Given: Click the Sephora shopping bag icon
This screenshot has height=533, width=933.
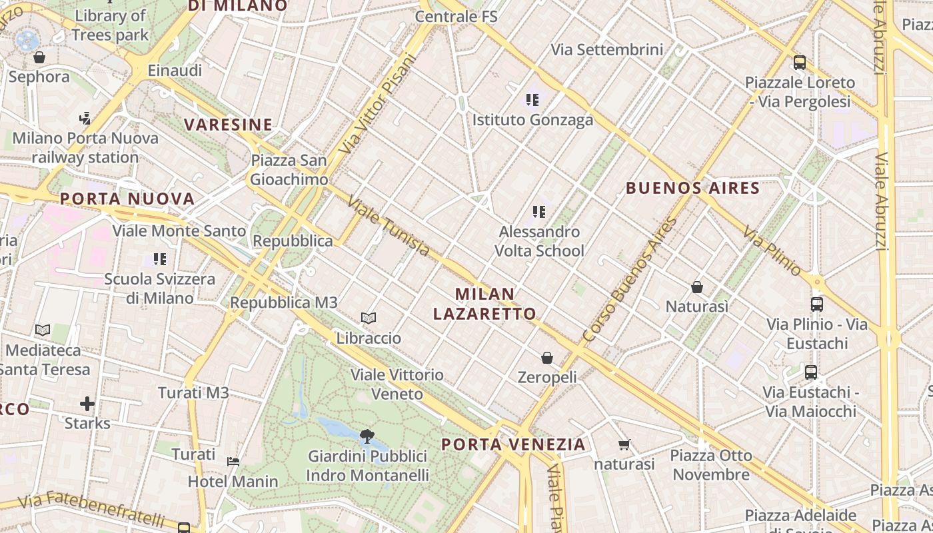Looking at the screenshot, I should point(39,57).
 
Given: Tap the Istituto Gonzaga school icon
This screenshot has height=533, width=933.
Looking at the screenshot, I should point(532,100).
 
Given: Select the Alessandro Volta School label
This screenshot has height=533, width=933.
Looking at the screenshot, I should point(539,241).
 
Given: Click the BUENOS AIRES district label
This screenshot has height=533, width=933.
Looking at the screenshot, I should point(692,189).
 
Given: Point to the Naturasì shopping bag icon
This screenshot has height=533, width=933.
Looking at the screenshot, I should point(696,287).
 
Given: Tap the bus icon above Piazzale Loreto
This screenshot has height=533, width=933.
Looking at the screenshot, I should point(800,63).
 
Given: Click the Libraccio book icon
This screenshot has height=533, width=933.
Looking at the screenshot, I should point(369,318).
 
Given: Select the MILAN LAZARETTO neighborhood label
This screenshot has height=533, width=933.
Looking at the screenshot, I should point(484,304).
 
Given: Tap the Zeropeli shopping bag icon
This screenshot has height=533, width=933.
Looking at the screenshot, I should point(547,358).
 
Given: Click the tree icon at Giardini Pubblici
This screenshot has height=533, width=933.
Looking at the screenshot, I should point(367,437).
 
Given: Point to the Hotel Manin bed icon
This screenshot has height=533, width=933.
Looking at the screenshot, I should point(233,461).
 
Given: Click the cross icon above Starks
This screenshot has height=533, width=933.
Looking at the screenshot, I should point(87,404).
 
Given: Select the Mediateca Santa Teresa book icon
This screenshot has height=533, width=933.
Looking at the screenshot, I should point(43,330).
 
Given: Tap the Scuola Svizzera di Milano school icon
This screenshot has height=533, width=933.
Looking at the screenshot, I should point(159,259).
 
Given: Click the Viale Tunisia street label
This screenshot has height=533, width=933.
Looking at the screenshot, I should point(389,227).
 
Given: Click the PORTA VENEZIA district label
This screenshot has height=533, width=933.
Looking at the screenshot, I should point(513,444).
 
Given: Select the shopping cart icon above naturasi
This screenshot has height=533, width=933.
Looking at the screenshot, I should point(624,444).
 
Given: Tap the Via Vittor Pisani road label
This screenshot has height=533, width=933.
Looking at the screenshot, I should point(377,104).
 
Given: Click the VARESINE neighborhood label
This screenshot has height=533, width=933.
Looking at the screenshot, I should point(228,125).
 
